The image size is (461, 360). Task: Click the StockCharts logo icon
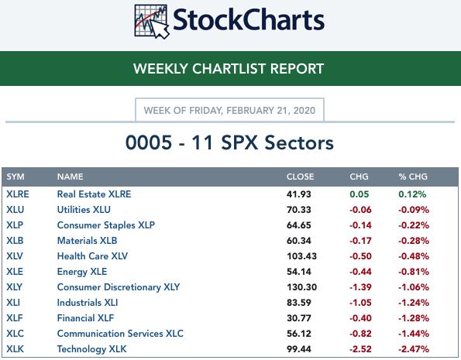coord(152,22)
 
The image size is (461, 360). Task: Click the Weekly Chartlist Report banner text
coord(229,69)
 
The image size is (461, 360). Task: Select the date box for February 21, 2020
coord(229,110)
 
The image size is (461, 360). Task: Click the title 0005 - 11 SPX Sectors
coord(229,142)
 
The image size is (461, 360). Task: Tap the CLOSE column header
coord(300,177)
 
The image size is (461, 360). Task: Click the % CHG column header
coord(413,177)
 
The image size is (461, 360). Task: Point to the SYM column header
coord(15,177)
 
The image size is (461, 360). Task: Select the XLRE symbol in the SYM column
coord(18,194)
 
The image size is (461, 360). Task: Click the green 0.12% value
coord(412,194)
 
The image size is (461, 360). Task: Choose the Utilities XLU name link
coord(84,210)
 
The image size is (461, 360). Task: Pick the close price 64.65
coord(299,225)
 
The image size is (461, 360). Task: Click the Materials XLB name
coord(87,241)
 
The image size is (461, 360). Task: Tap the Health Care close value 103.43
coord(301,256)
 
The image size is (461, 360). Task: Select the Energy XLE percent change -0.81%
coord(414,272)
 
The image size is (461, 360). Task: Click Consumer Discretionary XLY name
coord(119,287)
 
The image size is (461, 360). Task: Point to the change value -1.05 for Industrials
coord(360,303)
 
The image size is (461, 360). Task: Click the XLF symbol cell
coord(15,318)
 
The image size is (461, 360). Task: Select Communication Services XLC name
coord(120,334)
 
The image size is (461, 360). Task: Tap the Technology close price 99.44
coord(299,349)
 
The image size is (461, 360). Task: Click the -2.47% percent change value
coord(414,349)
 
